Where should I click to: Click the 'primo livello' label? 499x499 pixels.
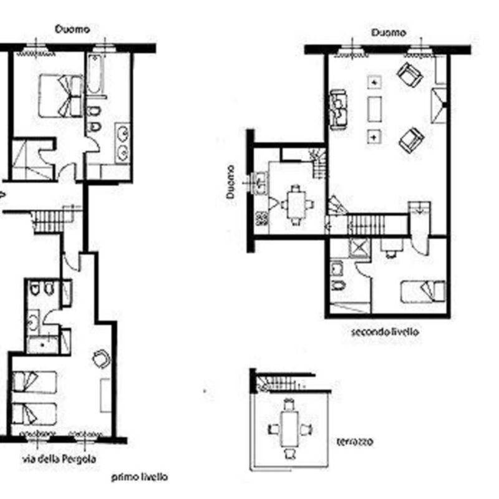tap(139, 477)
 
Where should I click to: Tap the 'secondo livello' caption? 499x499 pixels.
tap(385, 332)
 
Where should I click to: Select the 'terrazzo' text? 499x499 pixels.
tap(355, 442)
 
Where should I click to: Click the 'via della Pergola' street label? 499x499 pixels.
tap(59, 459)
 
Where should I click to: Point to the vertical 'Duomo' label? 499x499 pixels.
tap(230, 182)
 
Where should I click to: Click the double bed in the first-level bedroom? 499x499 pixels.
tap(61, 96)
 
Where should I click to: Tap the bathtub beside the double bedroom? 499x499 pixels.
tap(95, 74)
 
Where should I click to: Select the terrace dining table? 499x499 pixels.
tap(289, 429)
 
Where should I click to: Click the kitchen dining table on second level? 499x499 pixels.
tap(296, 204)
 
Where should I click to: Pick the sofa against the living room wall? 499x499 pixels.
tap(338, 110)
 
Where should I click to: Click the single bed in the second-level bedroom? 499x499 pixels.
tap(423, 291)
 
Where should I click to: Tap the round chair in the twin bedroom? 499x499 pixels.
tap(102, 359)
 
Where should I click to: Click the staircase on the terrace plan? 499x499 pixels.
tap(280, 384)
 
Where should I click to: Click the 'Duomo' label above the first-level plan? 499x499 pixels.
tap(72, 29)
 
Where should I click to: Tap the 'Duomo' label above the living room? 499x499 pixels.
tap(389, 33)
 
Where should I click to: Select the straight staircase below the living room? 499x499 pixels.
tap(367, 225)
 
